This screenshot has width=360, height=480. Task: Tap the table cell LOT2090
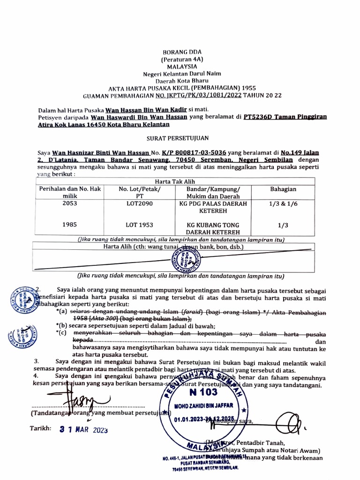pos(139,204)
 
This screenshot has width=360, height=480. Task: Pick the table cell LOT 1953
pos(139,225)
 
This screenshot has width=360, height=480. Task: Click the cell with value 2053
pos(69,204)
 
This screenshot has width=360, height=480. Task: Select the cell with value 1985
pos(69,225)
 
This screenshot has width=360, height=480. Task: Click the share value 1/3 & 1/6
pos(283,204)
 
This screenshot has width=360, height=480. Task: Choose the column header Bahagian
pos(283,189)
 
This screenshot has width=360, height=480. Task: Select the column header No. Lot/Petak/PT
pos(139,192)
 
